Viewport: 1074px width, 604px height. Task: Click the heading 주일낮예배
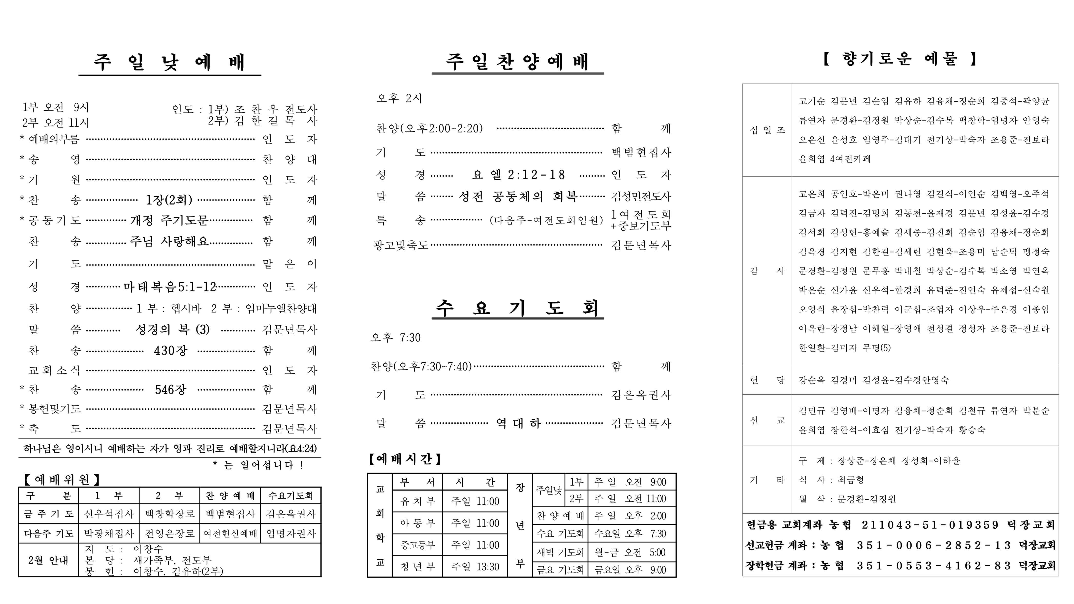[170, 62]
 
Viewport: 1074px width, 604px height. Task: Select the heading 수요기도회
[517, 308]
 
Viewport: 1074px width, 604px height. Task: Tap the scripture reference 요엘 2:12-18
[518, 175]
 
